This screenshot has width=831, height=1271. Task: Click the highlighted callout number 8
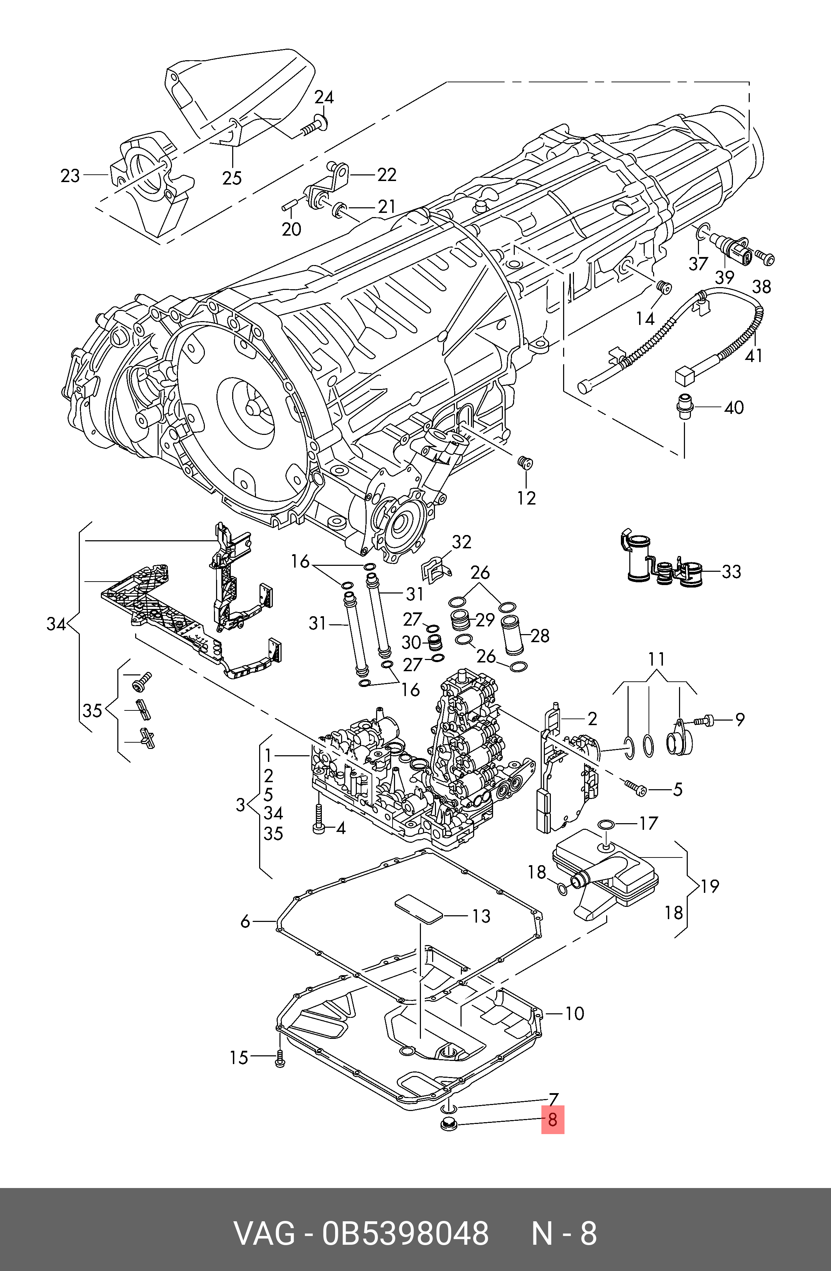point(553,1119)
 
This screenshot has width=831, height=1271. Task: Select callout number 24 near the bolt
point(324,97)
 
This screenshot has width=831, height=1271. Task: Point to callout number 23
point(70,176)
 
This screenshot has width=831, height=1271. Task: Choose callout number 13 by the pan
point(481,916)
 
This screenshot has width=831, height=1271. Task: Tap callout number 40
point(734,408)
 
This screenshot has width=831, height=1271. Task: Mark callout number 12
point(526,498)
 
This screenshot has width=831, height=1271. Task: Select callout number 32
point(462,542)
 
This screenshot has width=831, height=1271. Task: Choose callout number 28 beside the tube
point(540,635)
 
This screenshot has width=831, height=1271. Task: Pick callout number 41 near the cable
point(754,355)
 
